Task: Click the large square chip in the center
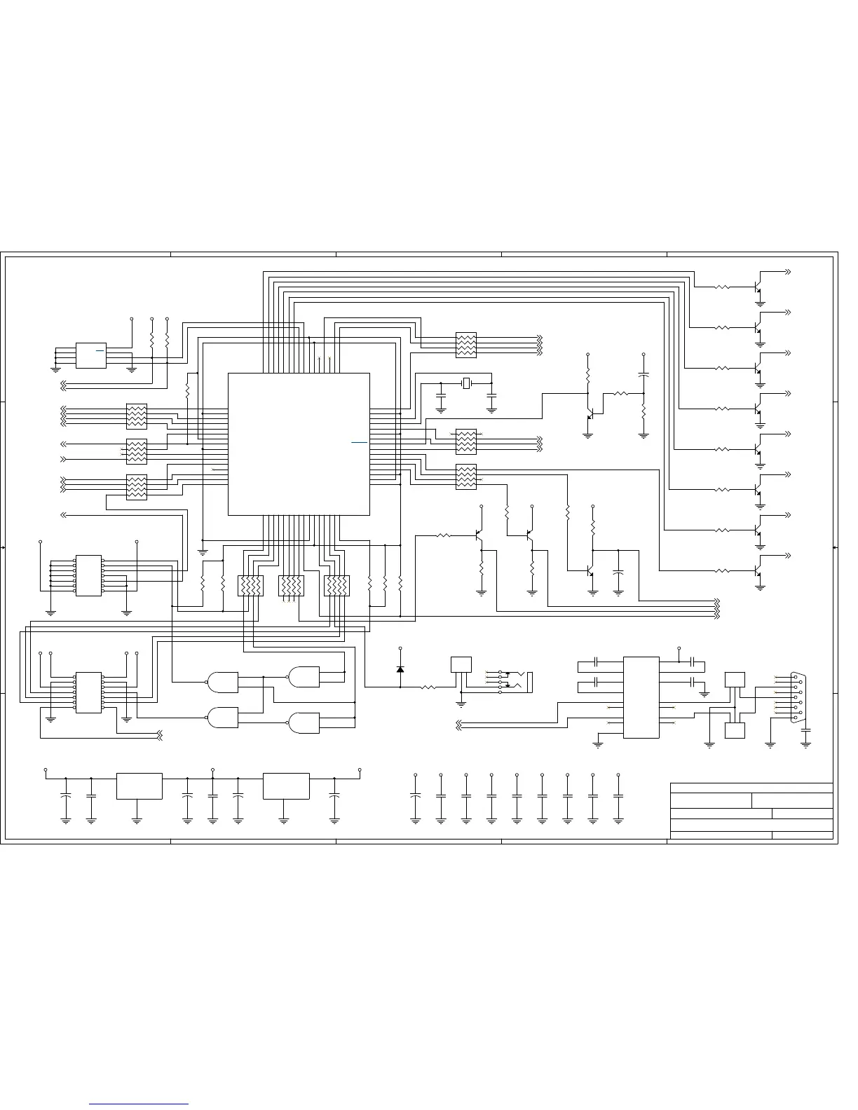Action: (299, 444)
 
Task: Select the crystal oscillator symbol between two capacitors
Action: (466, 383)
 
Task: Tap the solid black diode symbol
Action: (400, 669)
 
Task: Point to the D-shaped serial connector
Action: (798, 697)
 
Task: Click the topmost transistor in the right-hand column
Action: (758, 287)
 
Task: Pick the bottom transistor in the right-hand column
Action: (758, 571)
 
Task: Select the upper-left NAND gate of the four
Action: (222, 680)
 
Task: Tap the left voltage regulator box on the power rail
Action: (139, 786)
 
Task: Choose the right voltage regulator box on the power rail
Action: (285, 786)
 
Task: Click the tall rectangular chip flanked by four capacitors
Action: (641, 697)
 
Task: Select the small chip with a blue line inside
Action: (90, 355)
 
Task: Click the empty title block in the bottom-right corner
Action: (751, 810)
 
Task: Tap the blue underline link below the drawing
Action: (139, 1104)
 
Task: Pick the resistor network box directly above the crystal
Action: (466, 345)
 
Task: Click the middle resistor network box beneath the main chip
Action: (291, 586)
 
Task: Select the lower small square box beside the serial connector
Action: (734, 729)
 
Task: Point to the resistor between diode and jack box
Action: (428, 687)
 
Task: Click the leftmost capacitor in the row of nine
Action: (415, 797)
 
